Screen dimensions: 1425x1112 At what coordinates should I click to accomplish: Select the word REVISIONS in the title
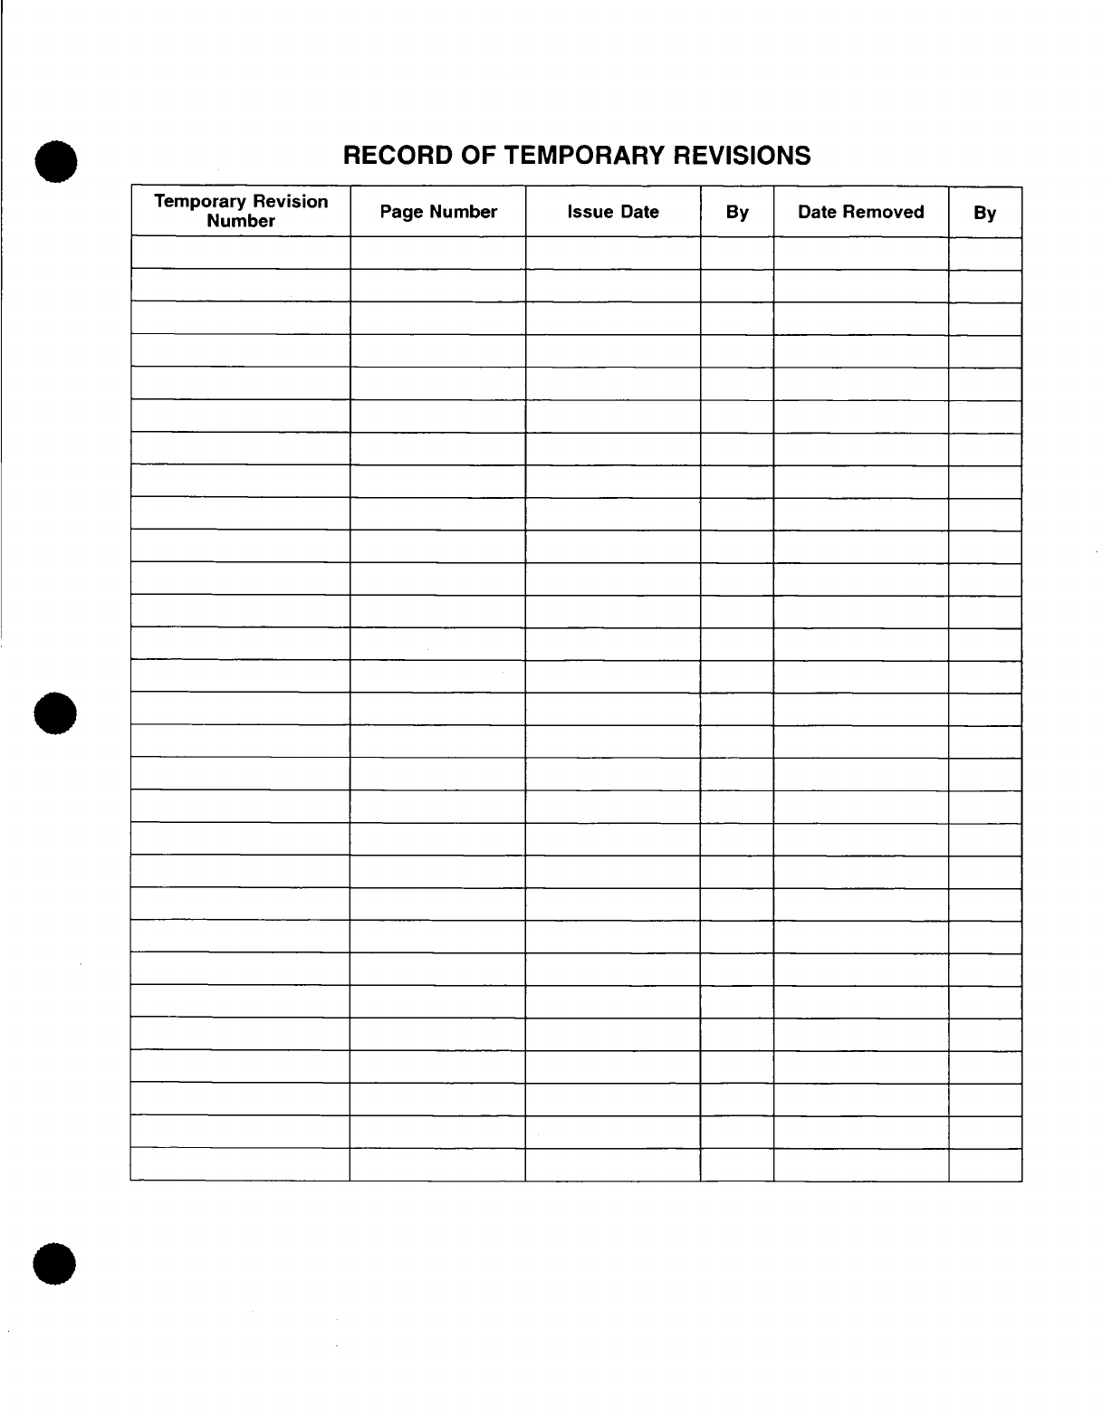(x=748, y=156)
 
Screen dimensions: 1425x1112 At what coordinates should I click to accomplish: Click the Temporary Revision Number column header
(x=241, y=211)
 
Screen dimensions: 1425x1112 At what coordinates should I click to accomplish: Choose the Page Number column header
(x=438, y=212)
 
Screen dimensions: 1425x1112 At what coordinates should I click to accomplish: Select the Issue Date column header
(x=613, y=212)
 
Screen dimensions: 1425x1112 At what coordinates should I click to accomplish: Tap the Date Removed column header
(x=860, y=212)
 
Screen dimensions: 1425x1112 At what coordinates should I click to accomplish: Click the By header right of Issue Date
(x=737, y=213)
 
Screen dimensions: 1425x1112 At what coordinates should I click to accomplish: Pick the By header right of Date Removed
(x=984, y=213)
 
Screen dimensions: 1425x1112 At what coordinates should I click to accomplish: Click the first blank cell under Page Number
(x=438, y=253)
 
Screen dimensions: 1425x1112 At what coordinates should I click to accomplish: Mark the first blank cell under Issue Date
(x=613, y=253)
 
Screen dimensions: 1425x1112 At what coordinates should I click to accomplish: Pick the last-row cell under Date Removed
(x=860, y=1165)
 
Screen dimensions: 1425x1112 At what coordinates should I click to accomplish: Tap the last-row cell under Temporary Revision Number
(x=241, y=1165)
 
